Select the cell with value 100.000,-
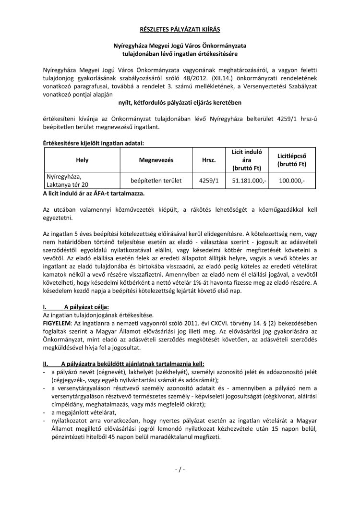tap(295, 181)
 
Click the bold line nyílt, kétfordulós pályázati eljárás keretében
tap(180, 103)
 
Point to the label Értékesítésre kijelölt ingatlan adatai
tap(93, 144)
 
